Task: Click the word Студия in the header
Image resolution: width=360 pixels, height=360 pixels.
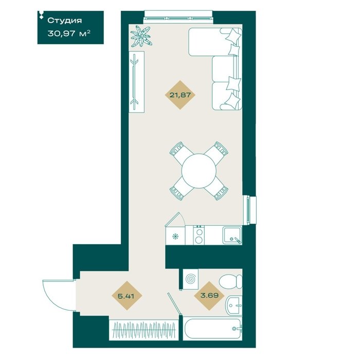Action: [64, 21]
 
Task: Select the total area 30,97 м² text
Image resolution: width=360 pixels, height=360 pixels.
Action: [68, 34]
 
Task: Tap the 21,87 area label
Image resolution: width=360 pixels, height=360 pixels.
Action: [180, 95]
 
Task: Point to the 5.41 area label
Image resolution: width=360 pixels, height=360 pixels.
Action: [126, 296]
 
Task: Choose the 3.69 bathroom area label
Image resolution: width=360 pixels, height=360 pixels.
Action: [209, 295]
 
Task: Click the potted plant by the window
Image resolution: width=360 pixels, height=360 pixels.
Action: [141, 37]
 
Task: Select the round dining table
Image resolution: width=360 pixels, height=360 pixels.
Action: [199, 171]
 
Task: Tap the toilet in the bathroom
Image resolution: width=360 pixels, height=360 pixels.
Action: [230, 281]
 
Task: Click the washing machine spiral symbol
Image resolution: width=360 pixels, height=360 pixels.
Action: [191, 279]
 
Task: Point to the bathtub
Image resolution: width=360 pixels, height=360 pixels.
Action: [212, 329]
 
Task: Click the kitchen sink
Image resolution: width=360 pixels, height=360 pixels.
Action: [232, 235]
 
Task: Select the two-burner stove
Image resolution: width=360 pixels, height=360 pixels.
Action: [199, 235]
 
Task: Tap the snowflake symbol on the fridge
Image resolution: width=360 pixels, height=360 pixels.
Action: [175, 236]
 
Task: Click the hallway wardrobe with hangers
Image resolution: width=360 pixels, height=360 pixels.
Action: [143, 330]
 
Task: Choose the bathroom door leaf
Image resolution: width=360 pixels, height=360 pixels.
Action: [175, 304]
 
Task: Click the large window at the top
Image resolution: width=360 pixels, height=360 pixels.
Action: [178, 17]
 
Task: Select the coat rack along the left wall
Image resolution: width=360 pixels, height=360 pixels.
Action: [136, 82]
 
